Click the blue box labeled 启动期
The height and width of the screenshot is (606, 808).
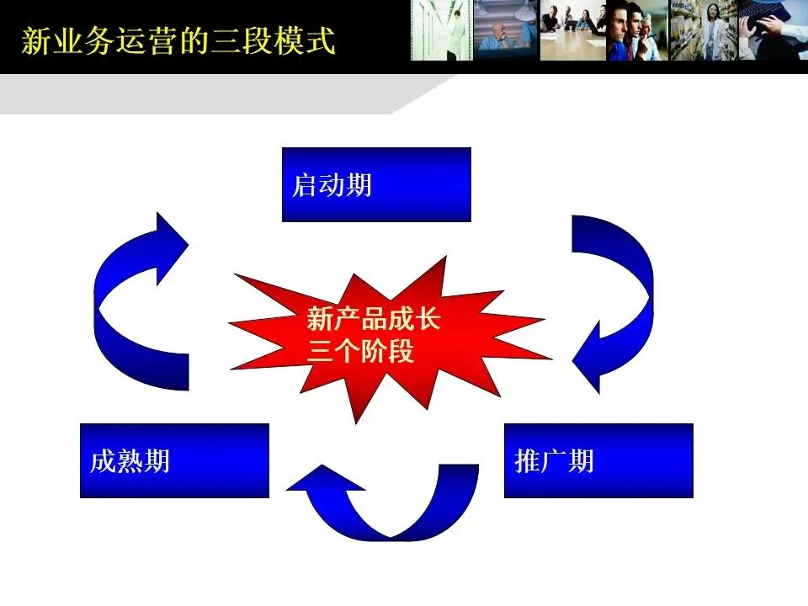376,184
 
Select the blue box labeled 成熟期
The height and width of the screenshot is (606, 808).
174,460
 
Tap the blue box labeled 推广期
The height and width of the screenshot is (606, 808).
598,460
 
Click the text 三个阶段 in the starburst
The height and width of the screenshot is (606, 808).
361,351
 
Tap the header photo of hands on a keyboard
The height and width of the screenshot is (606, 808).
772,30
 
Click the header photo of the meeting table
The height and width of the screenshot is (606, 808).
572,30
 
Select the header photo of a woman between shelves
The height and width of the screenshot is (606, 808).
703,30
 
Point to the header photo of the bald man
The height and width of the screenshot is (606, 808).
505,30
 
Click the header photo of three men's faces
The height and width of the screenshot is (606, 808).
637,30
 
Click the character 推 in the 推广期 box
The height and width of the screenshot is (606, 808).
527,461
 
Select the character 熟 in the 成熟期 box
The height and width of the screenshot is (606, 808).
130,461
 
